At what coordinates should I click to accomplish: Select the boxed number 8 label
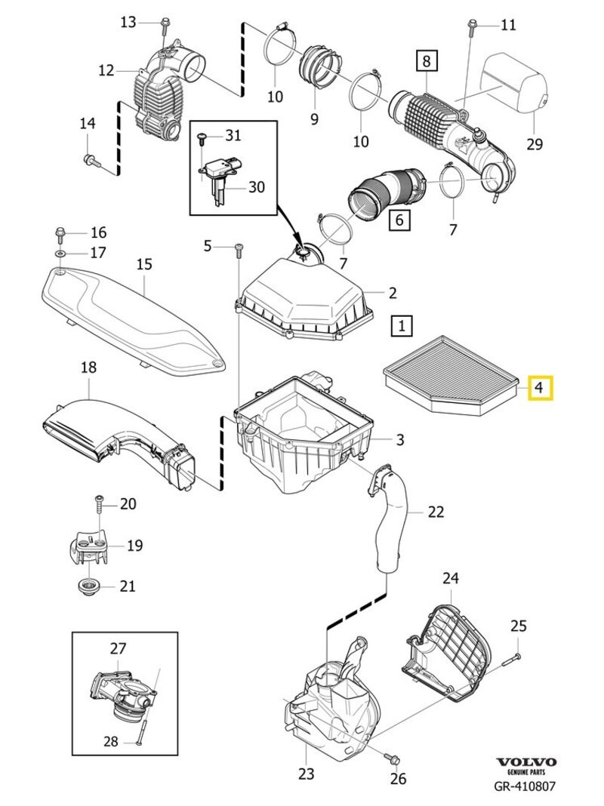tap(426, 60)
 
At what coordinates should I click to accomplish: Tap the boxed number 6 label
tap(399, 220)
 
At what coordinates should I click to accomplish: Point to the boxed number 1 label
tap(402, 326)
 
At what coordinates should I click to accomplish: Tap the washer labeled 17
tap(60, 252)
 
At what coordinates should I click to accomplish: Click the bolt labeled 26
tap(393, 757)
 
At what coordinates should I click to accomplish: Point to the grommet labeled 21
tap(90, 586)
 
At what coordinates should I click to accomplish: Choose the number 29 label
tap(535, 143)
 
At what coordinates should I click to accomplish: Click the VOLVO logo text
tap(526, 762)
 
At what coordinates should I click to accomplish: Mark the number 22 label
tap(436, 512)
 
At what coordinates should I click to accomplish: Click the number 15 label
tap(144, 264)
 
